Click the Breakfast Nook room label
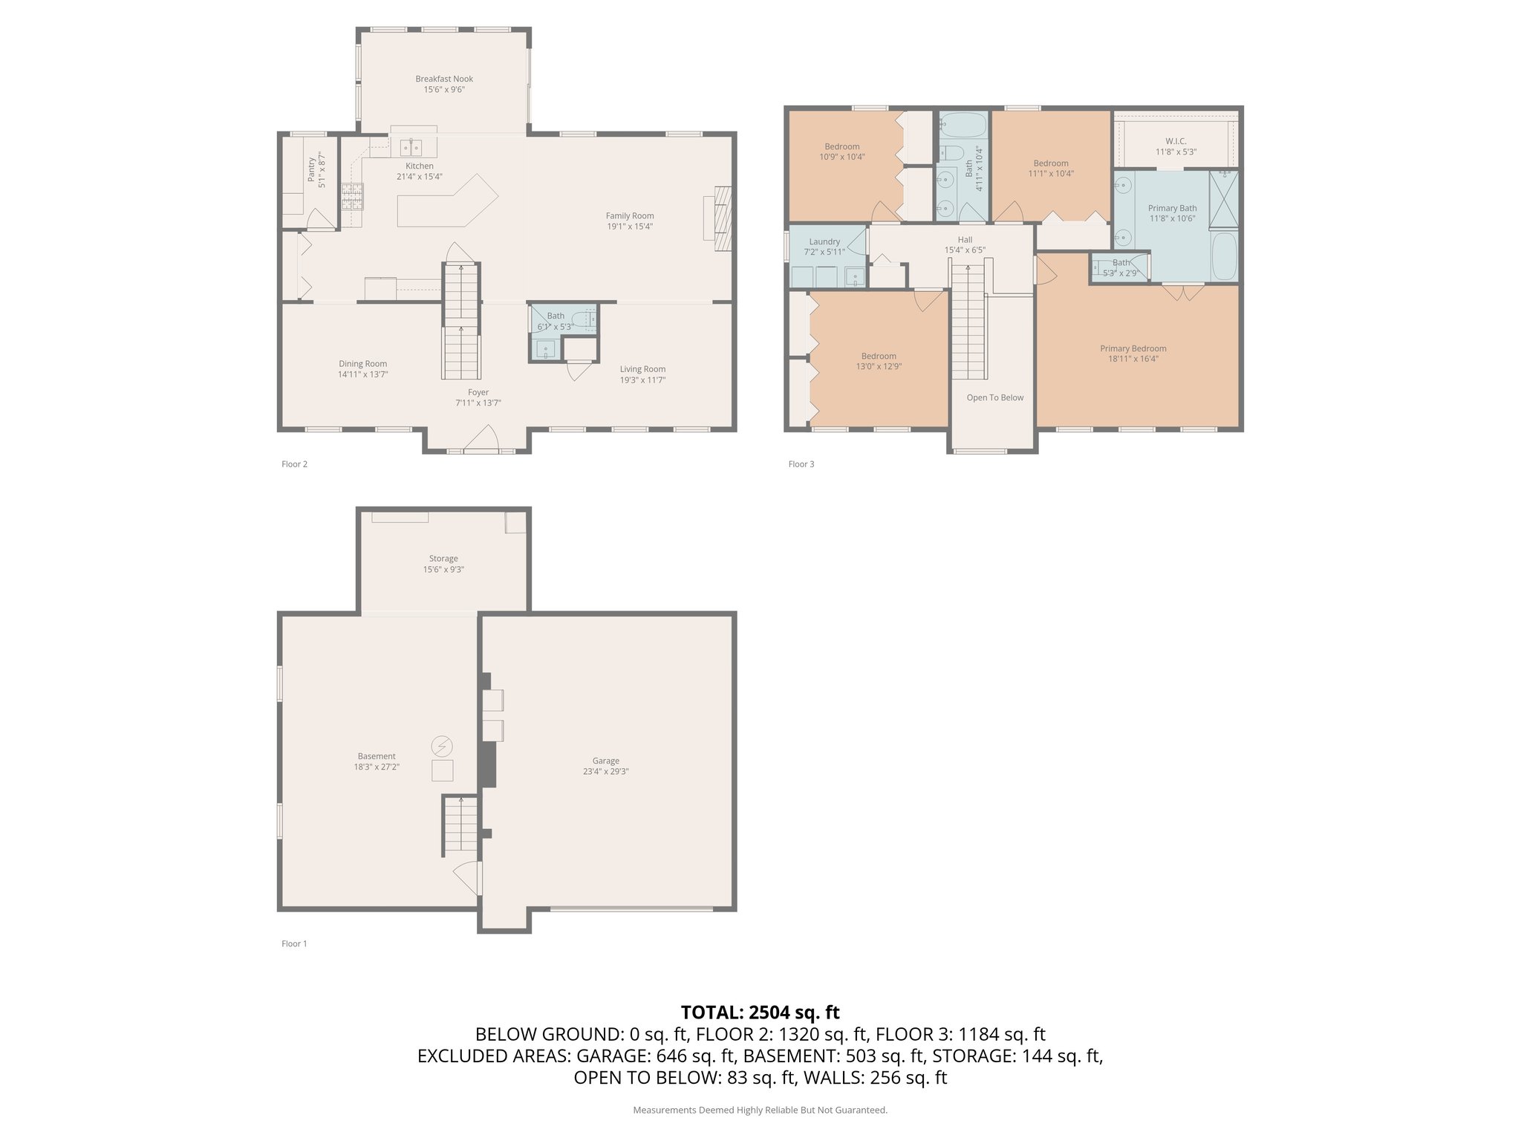pos(444,79)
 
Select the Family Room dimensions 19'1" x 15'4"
pos(630,227)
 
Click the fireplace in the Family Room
pos(718,213)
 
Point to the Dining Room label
pos(362,364)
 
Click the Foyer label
pos(478,392)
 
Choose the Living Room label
pos(643,369)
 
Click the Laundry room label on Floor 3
pos(824,241)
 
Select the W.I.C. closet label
pos(1176,141)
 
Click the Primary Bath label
pos(1173,208)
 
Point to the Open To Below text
pos(995,397)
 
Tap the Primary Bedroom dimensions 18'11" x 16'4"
pos(1133,359)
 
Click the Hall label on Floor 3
pos(965,240)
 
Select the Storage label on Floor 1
pos(443,559)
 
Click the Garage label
pos(606,761)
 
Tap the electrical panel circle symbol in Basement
pos(443,746)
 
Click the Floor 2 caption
pos(294,464)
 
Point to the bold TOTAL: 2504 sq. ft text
pos(760,1012)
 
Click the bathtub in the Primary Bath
pos(1225,256)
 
